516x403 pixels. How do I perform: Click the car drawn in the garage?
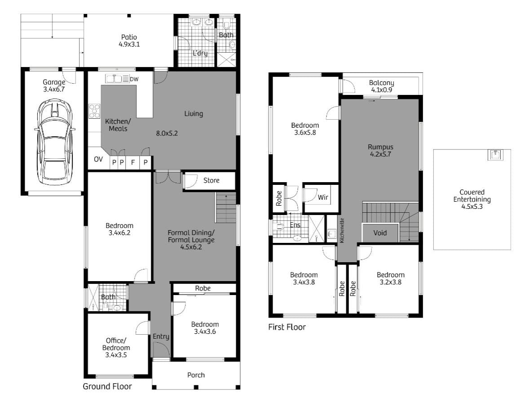54,142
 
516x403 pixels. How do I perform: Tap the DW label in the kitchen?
134,79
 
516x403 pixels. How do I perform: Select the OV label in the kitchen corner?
98,159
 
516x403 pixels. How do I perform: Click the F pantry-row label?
133,162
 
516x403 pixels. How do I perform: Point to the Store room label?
211,180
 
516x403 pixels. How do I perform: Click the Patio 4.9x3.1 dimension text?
129,44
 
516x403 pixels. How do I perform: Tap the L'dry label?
200,53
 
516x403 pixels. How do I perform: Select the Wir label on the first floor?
323,197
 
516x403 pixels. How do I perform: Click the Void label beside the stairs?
380,233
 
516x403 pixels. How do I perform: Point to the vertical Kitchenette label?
342,230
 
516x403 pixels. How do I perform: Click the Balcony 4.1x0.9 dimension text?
381,90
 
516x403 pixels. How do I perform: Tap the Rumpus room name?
380,147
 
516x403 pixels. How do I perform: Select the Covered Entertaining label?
472,196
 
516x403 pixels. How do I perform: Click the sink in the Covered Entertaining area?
495,155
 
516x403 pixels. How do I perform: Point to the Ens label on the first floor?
295,225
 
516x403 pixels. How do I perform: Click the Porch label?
196,375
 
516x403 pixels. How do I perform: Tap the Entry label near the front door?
161,336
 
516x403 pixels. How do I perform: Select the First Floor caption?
287,327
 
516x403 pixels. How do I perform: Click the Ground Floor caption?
107,386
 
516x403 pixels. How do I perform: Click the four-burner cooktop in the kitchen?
94,111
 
